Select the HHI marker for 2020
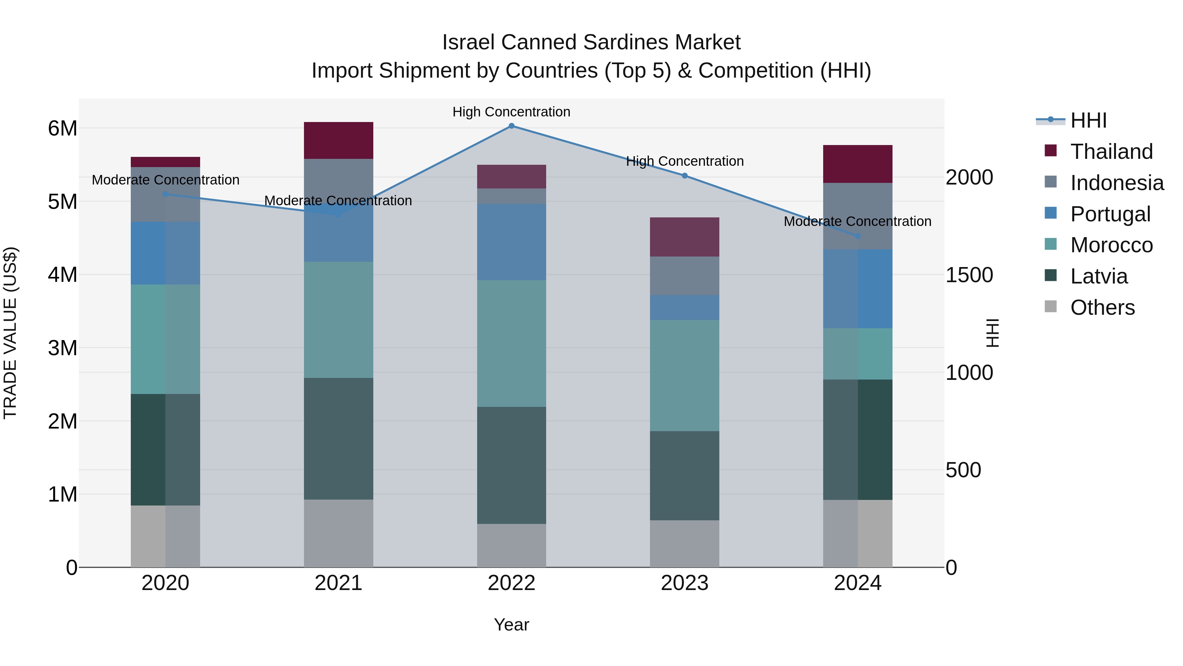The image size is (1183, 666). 165,194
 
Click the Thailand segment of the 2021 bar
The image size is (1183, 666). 338,140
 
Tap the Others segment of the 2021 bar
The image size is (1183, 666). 338,533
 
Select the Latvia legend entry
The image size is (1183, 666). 1099,276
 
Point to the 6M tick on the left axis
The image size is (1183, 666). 62,128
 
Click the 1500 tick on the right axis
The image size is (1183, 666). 969,275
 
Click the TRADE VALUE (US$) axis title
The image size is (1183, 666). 10,333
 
